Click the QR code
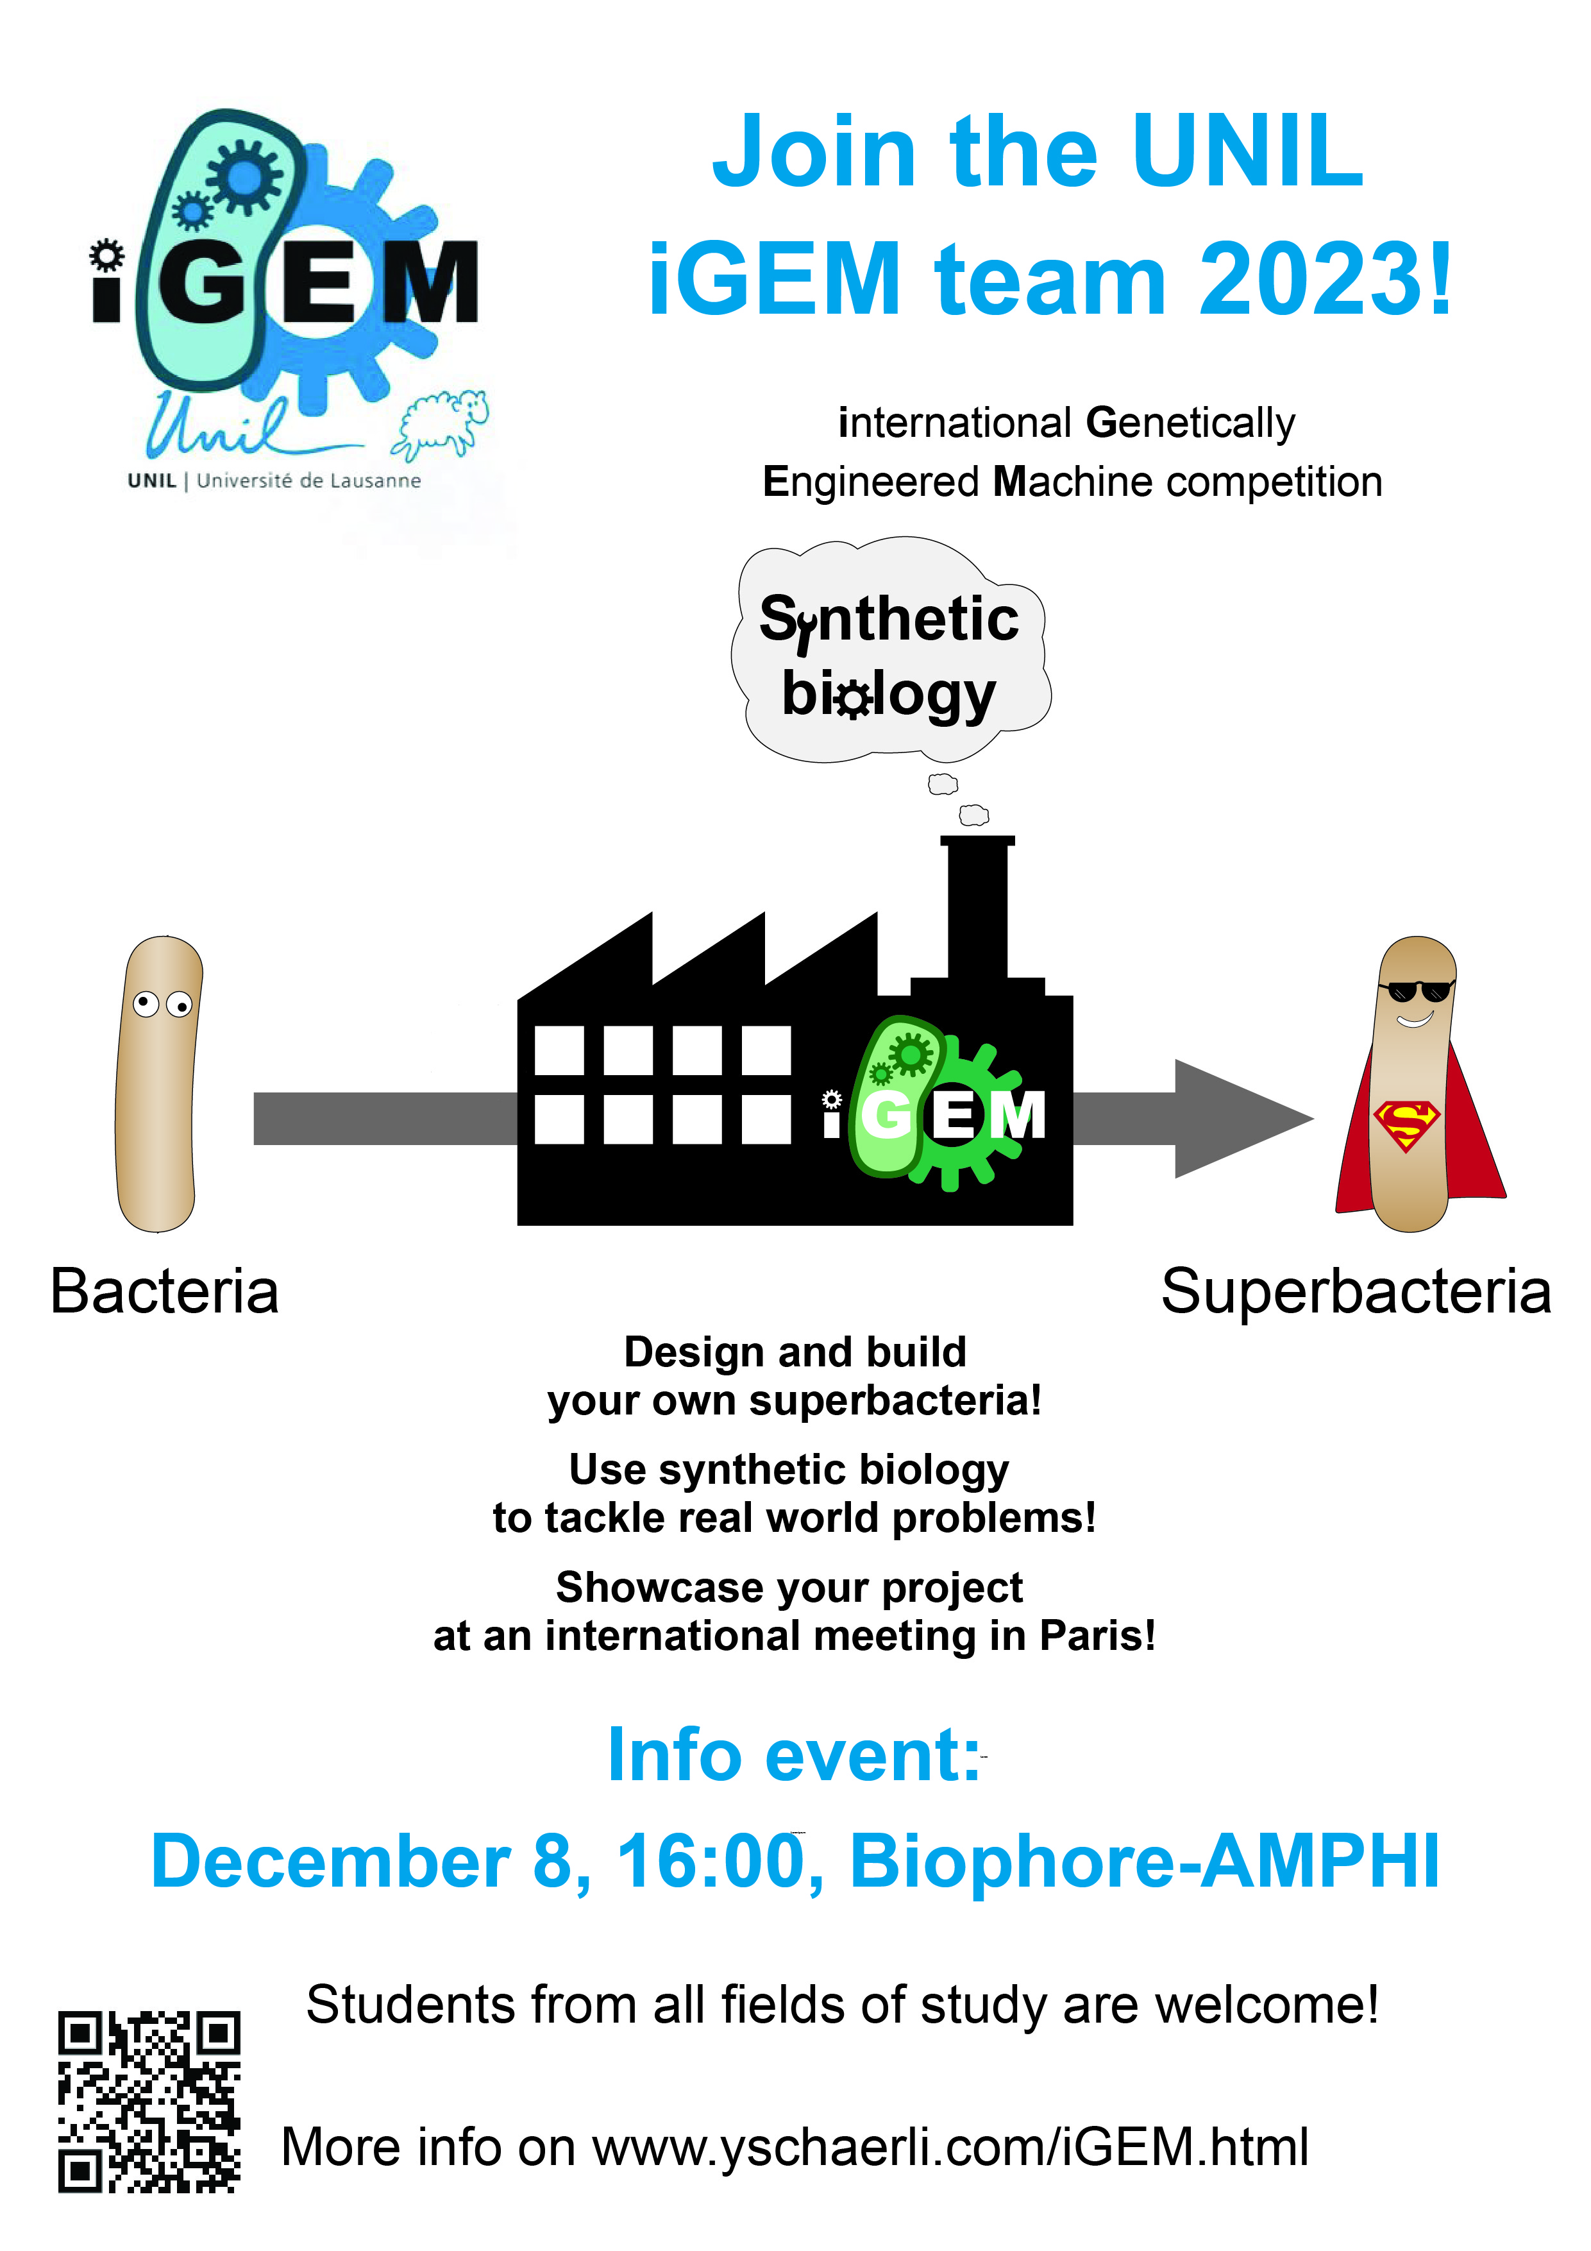(149, 2101)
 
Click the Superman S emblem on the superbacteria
(1406, 1125)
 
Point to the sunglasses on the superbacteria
(1415, 990)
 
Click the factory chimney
(977, 907)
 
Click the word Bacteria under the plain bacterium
(165, 1291)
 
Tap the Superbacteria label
(1356, 1291)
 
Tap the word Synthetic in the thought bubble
(889, 620)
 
